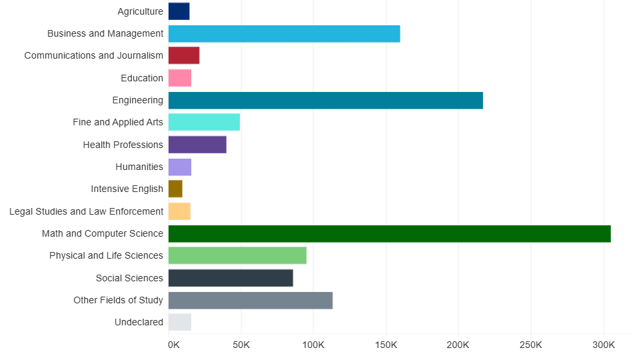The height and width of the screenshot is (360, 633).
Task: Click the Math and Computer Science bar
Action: pyautogui.click(x=389, y=234)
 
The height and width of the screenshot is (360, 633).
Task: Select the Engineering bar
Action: pyautogui.click(x=325, y=101)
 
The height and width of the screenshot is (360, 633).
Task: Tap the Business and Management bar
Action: pyautogui.click(x=284, y=33)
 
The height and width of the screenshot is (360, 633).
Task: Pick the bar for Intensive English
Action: pyautogui.click(x=175, y=189)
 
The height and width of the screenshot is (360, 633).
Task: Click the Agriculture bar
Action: pyautogui.click(x=179, y=11)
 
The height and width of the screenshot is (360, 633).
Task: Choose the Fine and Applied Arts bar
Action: pyautogui.click(x=204, y=123)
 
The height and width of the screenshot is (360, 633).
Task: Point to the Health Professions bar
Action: pyautogui.click(x=197, y=145)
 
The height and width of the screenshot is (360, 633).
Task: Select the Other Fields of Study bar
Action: pyautogui.click(x=251, y=301)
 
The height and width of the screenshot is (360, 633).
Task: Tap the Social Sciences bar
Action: pyautogui.click(x=231, y=278)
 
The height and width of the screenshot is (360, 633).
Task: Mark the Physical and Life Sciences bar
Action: pyautogui.click(x=237, y=256)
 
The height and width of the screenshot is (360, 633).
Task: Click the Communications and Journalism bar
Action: pyautogui.click(x=184, y=55)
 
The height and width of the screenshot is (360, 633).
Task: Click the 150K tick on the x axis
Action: pyautogui.click(x=386, y=345)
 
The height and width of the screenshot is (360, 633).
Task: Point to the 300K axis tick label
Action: pyautogui.click(x=604, y=345)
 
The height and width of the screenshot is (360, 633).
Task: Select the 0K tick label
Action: pyautogui.click(x=173, y=345)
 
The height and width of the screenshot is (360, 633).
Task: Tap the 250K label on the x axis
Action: pyautogui.click(x=531, y=345)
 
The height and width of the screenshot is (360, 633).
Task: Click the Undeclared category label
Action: pyautogui.click(x=139, y=323)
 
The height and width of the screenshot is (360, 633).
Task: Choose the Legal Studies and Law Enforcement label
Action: pyautogui.click(x=86, y=211)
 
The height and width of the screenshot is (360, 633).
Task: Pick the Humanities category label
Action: pyautogui.click(x=139, y=167)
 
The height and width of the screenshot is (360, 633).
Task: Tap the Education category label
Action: pyautogui.click(x=142, y=78)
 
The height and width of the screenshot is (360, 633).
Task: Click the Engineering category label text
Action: pyautogui.click(x=137, y=100)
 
